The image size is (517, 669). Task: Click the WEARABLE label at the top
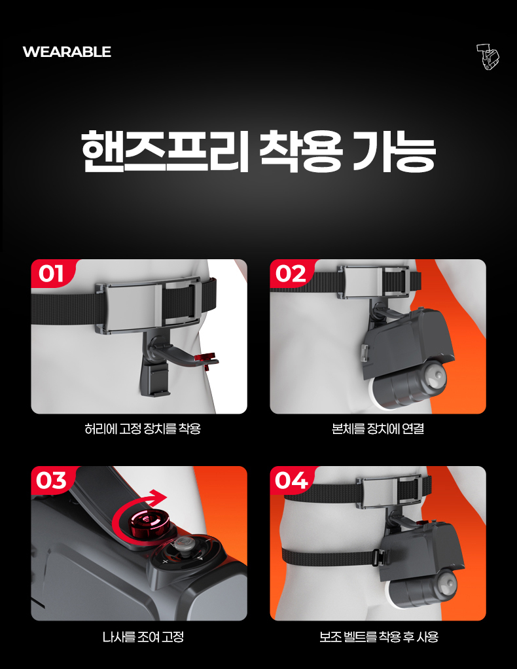coord(67,52)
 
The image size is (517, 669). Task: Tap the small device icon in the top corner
coord(488,57)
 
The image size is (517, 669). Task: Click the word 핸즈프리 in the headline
coord(165,151)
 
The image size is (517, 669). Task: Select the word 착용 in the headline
coord(302,151)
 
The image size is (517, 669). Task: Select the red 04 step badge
coord(291,480)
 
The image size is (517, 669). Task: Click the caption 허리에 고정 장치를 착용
coord(143,428)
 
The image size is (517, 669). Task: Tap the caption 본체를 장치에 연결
coord(378,428)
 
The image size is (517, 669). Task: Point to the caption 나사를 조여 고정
coord(143,637)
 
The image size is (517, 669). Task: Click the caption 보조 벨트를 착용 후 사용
coord(379,637)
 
